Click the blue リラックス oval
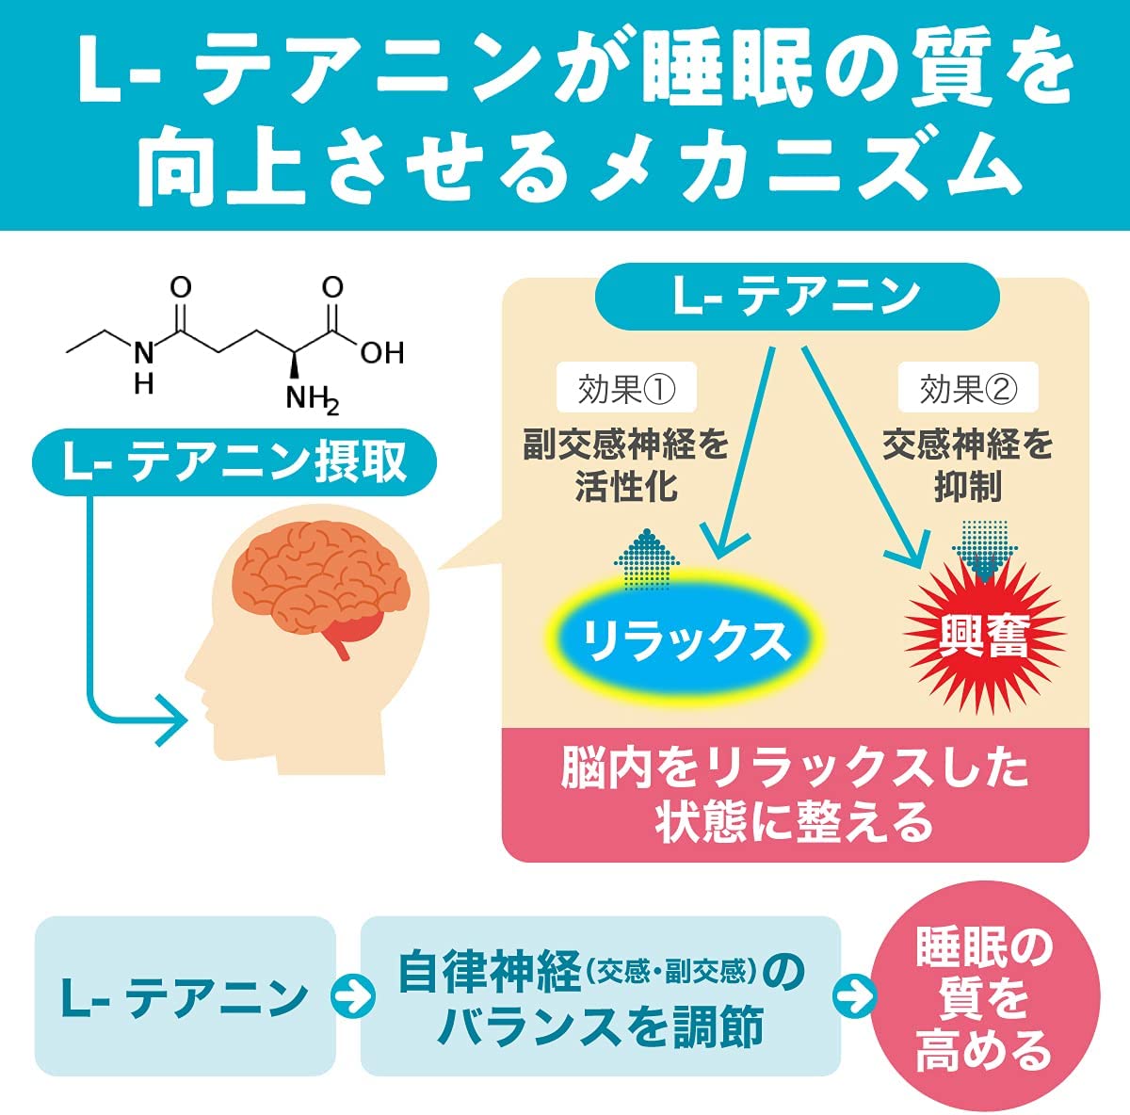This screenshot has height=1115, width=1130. point(685,637)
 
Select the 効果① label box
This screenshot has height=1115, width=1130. point(626,386)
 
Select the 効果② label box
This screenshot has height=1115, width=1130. point(968,386)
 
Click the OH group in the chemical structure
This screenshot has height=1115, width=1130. point(382,352)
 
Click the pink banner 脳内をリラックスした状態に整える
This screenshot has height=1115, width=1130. point(795,795)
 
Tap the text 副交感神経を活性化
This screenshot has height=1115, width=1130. point(625,465)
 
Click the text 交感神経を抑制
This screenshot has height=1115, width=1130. point(968,465)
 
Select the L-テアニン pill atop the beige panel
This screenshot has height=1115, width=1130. point(797,297)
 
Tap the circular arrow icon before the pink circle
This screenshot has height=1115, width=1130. point(854,996)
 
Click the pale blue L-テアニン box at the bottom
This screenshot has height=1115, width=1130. point(185,996)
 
